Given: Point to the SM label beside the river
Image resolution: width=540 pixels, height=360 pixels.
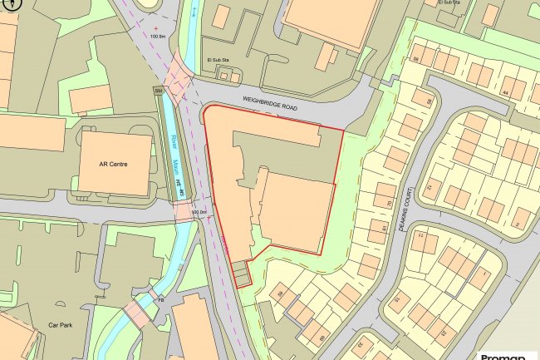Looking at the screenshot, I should pyautogui.click(x=158, y=90).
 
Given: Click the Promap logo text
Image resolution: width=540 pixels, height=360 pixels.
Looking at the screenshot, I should pyautogui.click(x=504, y=355).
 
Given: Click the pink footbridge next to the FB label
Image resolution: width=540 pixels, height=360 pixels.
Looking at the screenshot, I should pyautogui.click(x=138, y=313).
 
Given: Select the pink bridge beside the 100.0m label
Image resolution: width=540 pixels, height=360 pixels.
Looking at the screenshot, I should pyautogui.click(x=184, y=212).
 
